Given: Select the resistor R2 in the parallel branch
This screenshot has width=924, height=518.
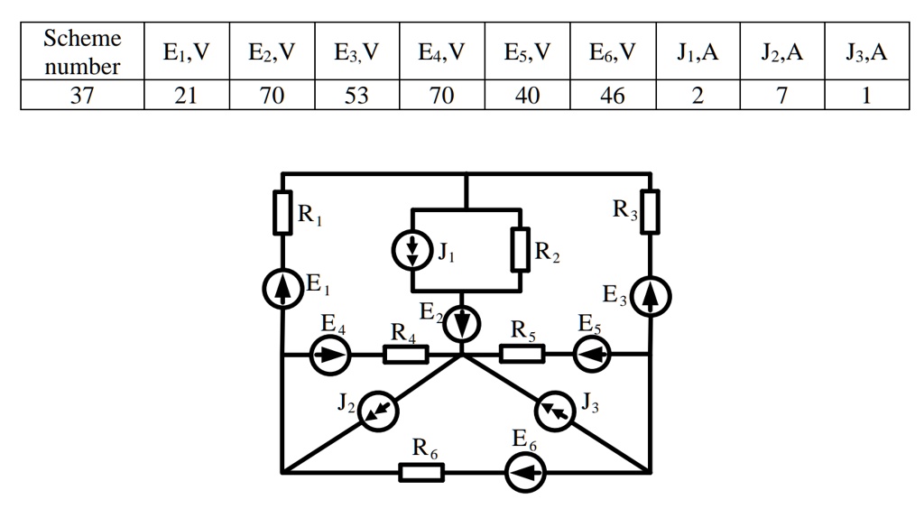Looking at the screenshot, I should (x=520, y=250).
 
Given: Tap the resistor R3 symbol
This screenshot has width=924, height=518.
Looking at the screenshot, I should (x=650, y=211).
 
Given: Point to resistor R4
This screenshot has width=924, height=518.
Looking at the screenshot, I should (x=405, y=355).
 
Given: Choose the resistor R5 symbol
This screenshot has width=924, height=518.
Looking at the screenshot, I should (x=522, y=354).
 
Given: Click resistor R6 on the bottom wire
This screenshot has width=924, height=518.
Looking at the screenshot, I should (x=421, y=472).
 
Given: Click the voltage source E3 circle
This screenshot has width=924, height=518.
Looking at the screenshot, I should (x=650, y=297).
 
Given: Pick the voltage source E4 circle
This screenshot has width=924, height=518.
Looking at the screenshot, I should (x=329, y=355).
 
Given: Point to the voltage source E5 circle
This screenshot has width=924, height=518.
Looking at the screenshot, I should (x=592, y=355).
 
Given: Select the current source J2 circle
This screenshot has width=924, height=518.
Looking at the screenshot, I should (x=378, y=412).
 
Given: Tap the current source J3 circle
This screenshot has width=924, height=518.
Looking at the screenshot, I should (x=554, y=412).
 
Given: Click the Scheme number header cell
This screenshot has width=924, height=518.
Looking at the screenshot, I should (x=82, y=52).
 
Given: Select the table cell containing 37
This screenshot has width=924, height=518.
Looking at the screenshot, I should (x=82, y=96).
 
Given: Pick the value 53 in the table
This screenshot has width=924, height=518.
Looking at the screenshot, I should (x=356, y=96).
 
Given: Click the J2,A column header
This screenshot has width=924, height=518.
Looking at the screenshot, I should (x=781, y=52).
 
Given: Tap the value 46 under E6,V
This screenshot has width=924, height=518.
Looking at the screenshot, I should (x=613, y=96).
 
